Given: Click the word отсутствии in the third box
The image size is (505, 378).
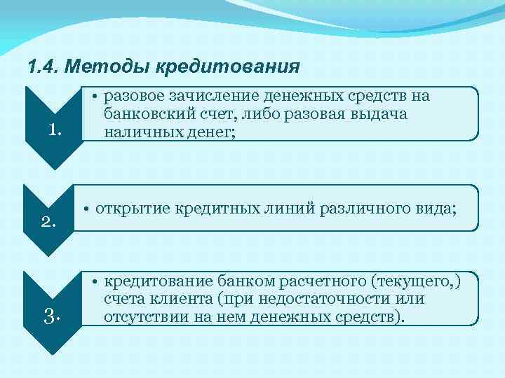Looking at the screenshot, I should coord(142,316).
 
